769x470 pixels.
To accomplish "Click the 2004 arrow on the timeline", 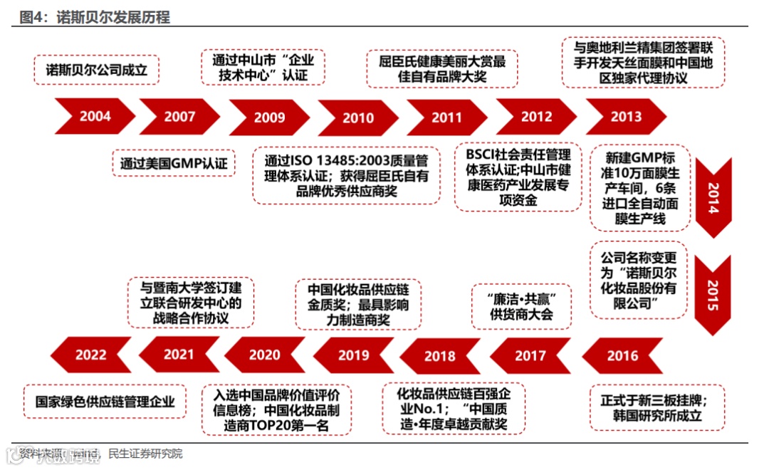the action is point(95,116).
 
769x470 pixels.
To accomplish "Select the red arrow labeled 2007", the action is point(179,116).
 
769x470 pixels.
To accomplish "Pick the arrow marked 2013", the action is point(625,116).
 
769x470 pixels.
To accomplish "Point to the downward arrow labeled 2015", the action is point(713,294).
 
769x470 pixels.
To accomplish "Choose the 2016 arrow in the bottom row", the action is point(622,355).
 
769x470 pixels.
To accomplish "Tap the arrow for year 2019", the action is point(354,355).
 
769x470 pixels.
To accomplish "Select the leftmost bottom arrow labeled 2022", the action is point(91,355).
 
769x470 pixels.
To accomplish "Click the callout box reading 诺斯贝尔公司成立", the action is point(97,70).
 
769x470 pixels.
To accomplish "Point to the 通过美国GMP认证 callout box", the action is point(174,163).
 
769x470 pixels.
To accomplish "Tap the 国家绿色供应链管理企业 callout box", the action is point(105,401).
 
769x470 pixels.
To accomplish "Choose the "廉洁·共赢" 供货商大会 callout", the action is point(521,306).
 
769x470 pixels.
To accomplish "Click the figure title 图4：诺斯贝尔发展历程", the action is point(95,17).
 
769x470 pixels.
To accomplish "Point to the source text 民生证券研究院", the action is point(145,453).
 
